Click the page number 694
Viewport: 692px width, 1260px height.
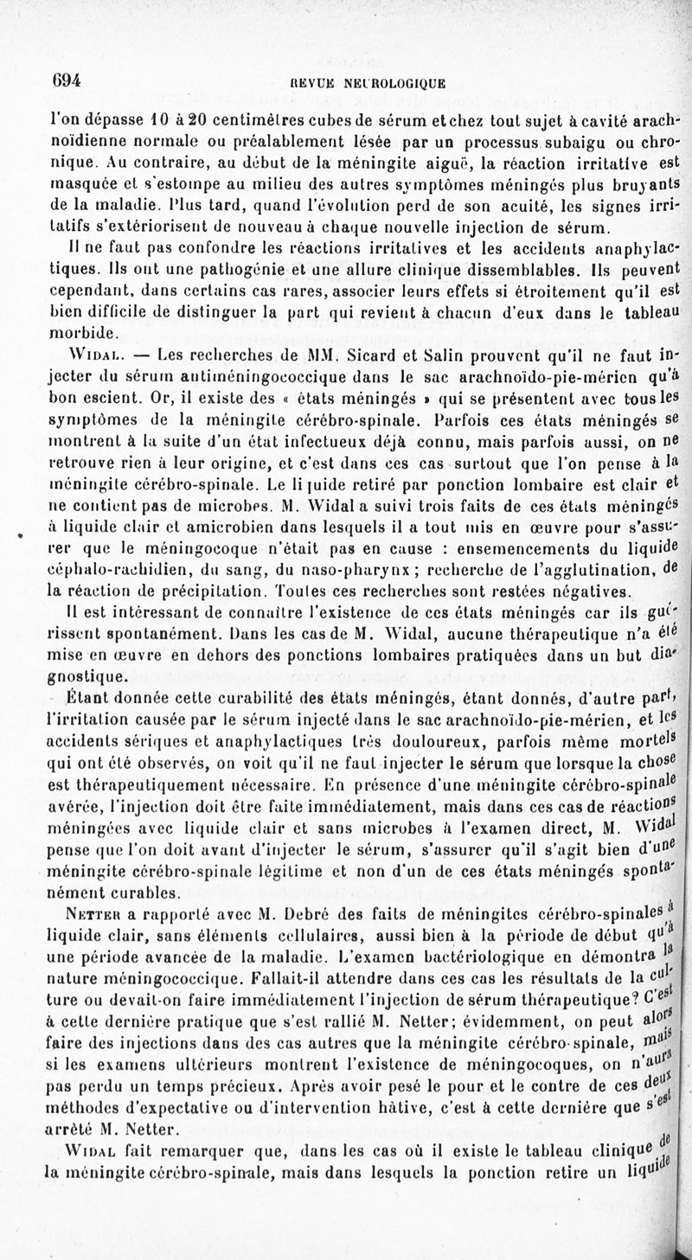[x=66, y=80]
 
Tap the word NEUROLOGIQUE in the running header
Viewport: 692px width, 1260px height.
[x=401, y=84]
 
